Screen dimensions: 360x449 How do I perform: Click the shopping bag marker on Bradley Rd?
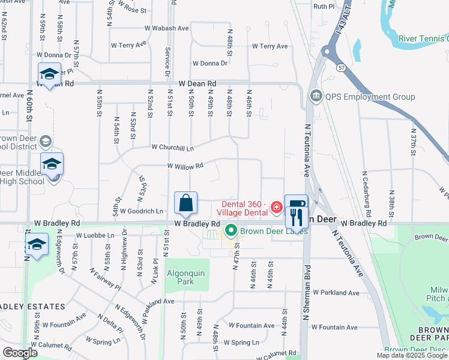pyautogui.click(x=186, y=204)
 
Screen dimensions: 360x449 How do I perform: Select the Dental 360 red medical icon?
pyautogui.click(x=277, y=208)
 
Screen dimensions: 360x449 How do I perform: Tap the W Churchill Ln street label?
pyautogui.click(x=173, y=147)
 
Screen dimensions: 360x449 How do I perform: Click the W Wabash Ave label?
pyautogui.click(x=166, y=28)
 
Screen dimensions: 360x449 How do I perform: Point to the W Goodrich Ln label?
pyautogui.click(x=142, y=211)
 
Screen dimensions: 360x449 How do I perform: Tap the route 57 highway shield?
pyautogui.click(x=340, y=62)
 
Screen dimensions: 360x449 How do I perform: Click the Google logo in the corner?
pyautogui.click(x=19, y=352)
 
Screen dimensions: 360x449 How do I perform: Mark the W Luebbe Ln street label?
pyautogui.click(x=95, y=235)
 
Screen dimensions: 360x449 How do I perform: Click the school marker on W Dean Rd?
pyautogui.click(x=49, y=74)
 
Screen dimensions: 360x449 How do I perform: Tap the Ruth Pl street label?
pyautogui.click(x=323, y=6)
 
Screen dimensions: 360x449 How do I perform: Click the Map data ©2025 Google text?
pyautogui.click(x=412, y=356)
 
